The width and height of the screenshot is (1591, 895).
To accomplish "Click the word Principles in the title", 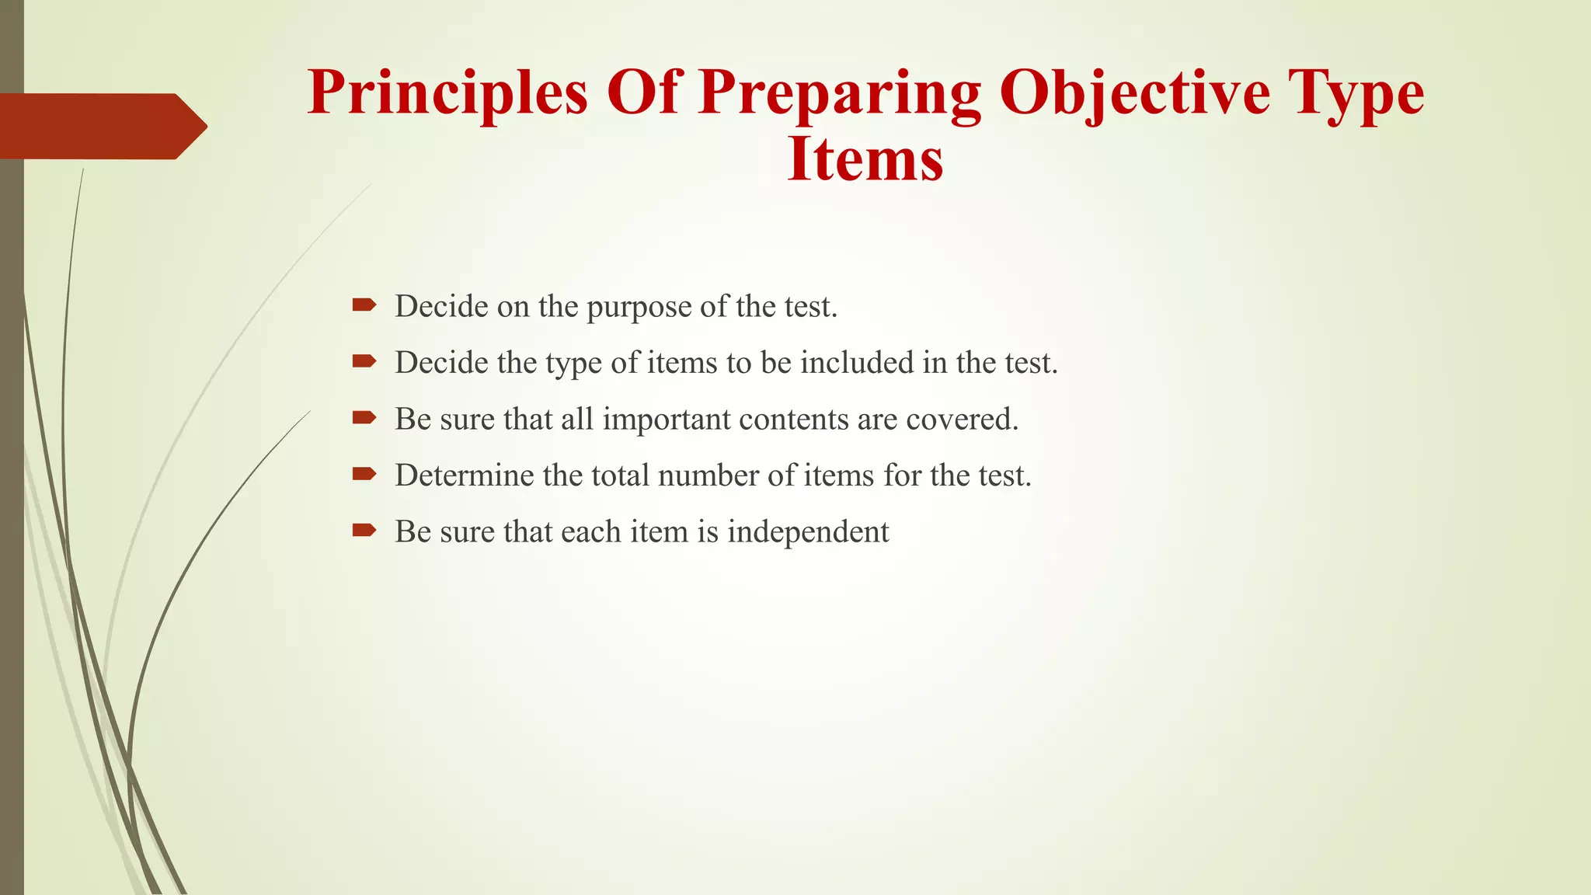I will tap(447, 93).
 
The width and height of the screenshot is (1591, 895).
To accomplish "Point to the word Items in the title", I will tap(865, 159).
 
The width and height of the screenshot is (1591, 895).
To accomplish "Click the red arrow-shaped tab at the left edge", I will tap(101, 126).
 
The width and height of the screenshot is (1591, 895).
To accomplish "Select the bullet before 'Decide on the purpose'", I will tap(364, 305).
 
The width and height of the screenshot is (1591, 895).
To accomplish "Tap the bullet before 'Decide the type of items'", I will tap(364, 360).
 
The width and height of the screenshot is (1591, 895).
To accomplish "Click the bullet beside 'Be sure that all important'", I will tap(364, 417).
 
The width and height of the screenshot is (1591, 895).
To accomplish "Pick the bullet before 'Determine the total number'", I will tap(364, 474).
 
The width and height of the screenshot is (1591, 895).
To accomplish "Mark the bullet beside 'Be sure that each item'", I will tap(364, 530).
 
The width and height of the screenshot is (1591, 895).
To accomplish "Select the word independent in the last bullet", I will tap(808, 533).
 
